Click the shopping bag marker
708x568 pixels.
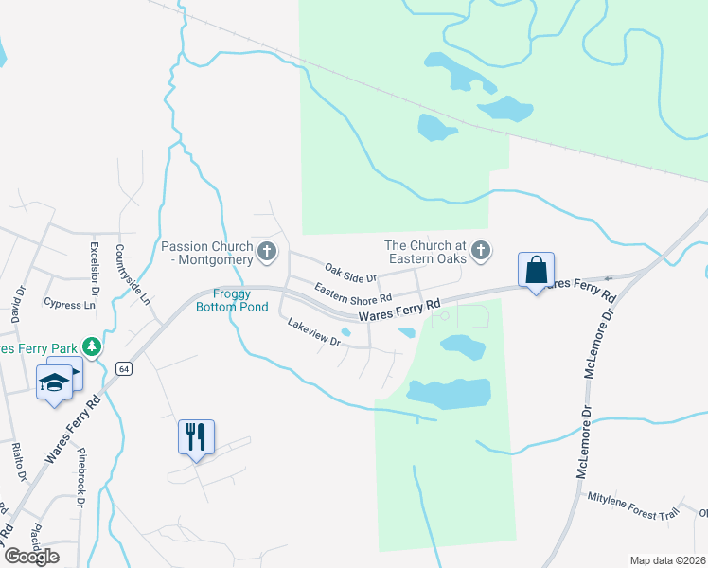[x=536, y=270]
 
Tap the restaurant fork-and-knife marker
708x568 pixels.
[x=196, y=437]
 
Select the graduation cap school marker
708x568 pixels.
[x=54, y=382]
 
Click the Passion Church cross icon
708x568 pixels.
[x=267, y=252]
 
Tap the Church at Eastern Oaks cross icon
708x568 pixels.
[x=481, y=251]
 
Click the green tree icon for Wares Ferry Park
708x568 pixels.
[x=91, y=347]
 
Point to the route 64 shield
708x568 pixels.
[x=123, y=367]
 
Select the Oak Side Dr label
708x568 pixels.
[x=351, y=273]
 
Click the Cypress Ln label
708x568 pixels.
[x=70, y=305]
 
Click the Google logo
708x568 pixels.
[x=32, y=557]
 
